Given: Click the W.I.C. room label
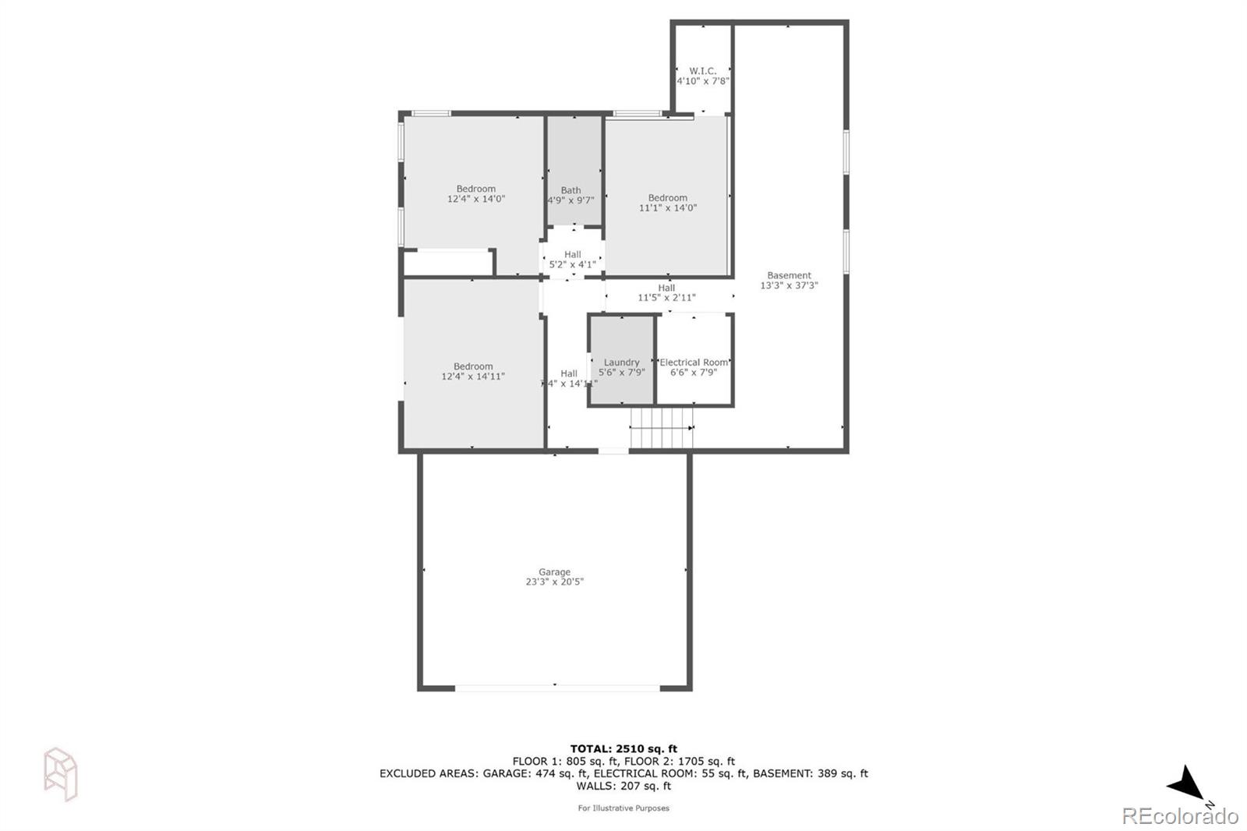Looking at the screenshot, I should pos(702,71).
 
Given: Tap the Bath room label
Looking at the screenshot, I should pos(571,190).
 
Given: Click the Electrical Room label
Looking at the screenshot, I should pos(694,362).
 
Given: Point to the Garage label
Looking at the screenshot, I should pos(554,572).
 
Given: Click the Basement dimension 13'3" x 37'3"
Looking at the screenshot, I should pos(789,285).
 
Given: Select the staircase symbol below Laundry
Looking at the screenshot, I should pos(661,428).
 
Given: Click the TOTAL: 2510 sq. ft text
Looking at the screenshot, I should pos(623,749).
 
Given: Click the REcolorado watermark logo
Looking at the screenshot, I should pos(1179,816).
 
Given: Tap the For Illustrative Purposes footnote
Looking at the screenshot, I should pos(623,808).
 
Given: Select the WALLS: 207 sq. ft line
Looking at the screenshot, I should pos(623,786).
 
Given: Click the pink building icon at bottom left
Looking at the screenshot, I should pos(61,773).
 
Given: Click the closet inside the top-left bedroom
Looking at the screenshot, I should pos(447,263).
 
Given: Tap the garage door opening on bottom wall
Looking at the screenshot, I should pos(556,688).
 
